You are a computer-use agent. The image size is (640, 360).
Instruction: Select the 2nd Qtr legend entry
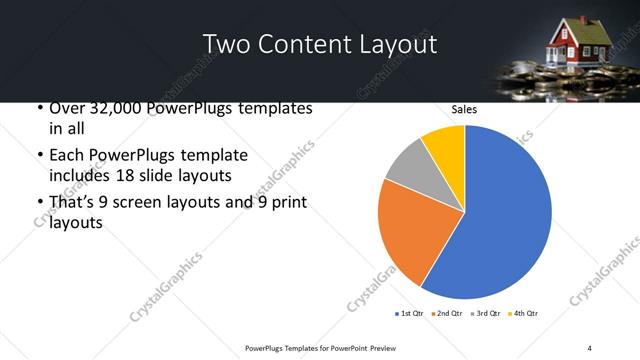click(445, 314)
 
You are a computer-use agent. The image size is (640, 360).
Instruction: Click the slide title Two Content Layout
click(319, 44)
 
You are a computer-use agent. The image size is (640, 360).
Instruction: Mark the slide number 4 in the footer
click(590, 347)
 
